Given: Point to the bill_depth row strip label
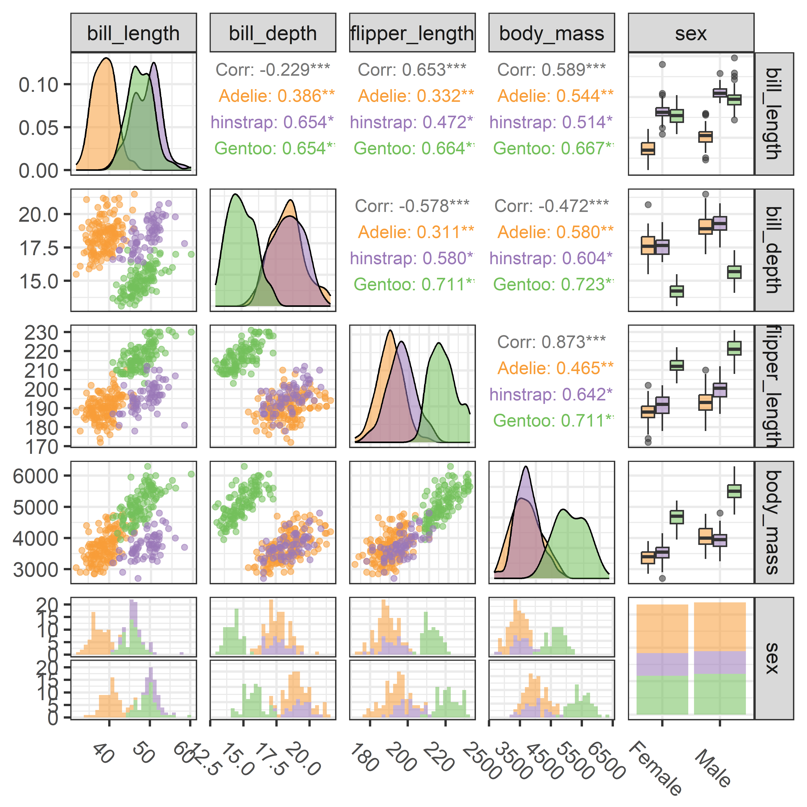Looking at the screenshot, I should point(774,250).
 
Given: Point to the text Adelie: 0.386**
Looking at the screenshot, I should point(276,96).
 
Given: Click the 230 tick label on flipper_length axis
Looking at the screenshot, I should point(41,333).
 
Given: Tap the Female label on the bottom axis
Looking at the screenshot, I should point(655,768).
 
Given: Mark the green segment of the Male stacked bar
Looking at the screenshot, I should point(720,693).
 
